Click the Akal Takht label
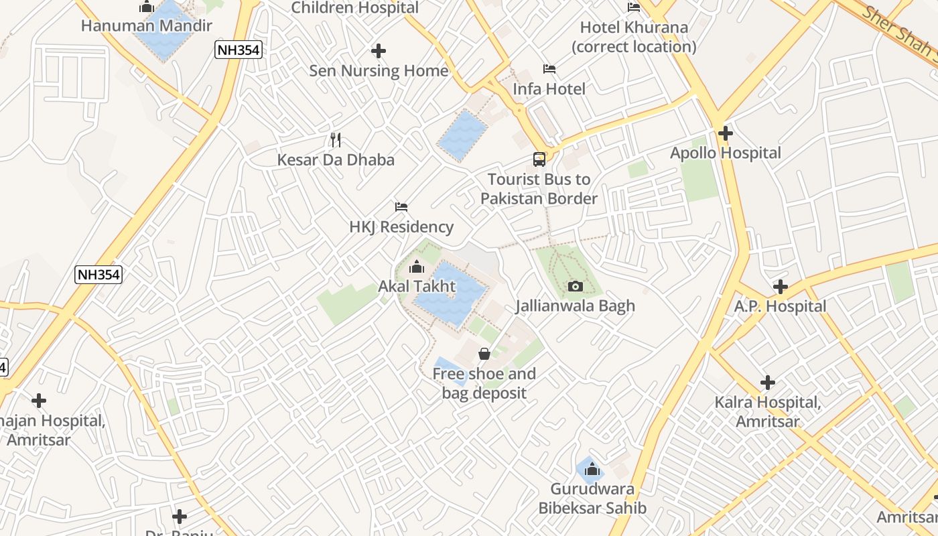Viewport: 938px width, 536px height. (417, 286)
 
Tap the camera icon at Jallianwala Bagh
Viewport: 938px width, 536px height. (575, 287)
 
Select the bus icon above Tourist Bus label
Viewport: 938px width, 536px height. (539, 159)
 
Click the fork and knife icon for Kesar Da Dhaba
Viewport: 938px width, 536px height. (336, 140)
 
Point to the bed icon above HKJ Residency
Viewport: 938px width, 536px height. (401, 207)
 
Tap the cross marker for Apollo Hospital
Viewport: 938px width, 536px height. (725, 133)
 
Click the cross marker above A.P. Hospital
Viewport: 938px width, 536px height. (780, 287)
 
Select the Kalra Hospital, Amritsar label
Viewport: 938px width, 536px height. (767, 411)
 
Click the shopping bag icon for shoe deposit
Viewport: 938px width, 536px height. (484, 354)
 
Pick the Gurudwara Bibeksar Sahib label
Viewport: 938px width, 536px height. (592, 498)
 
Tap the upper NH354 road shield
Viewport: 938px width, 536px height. (238, 50)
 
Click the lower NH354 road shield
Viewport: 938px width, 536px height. (98, 274)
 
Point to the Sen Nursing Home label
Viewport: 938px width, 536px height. (379, 70)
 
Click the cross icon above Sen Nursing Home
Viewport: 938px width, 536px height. (379, 51)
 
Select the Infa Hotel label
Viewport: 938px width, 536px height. (549, 88)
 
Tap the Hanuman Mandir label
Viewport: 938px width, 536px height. (146, 26)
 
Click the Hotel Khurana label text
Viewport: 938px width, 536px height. (634, 37)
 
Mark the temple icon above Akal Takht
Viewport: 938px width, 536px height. (417, 267)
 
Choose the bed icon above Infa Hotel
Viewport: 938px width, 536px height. (549, 69)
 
